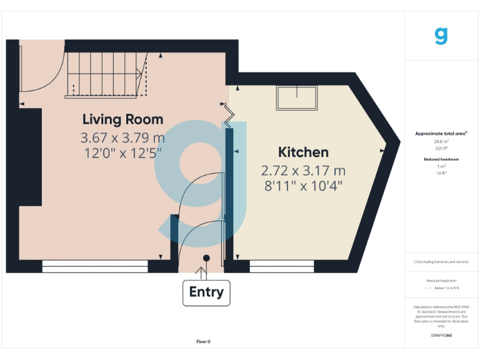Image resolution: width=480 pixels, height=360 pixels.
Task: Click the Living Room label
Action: click(x=123, y=119)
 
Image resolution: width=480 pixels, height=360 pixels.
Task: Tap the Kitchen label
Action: click(x=303, y=152)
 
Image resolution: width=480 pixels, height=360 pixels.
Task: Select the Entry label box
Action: click(x=206, y=292)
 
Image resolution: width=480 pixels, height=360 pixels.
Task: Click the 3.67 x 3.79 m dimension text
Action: click(x=123, y=137)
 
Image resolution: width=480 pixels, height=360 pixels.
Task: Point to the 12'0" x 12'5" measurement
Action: click(x=123, y=152)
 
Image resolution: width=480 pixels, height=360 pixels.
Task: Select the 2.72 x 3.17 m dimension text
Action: click(x=303, y=170)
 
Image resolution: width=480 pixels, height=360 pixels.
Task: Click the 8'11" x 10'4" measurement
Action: click(x=303, y=185)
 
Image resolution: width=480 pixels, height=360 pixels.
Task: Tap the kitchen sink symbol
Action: click(x=297, y=98)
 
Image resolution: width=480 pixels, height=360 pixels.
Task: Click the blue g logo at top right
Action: click(x=441, y=35)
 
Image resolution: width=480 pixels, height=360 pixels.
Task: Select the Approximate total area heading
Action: click(x=441, y=134)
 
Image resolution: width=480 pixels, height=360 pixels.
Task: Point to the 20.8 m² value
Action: click(x=441, y=141)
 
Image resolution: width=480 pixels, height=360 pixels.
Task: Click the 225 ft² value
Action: click(x=441, y=148)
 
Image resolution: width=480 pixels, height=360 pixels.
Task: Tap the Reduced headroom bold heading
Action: click(x=441, y=160)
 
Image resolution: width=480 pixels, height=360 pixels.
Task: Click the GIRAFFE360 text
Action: click(x=441, y=336)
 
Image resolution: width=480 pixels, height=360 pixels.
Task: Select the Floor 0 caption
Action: click(x=204, y=341)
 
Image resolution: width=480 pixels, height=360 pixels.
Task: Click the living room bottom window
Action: click(x=95, y=267)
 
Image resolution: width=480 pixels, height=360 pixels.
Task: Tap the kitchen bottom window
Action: click(x=282, y=267)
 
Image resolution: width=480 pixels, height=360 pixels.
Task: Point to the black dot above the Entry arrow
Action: click(x=206, y=257)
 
